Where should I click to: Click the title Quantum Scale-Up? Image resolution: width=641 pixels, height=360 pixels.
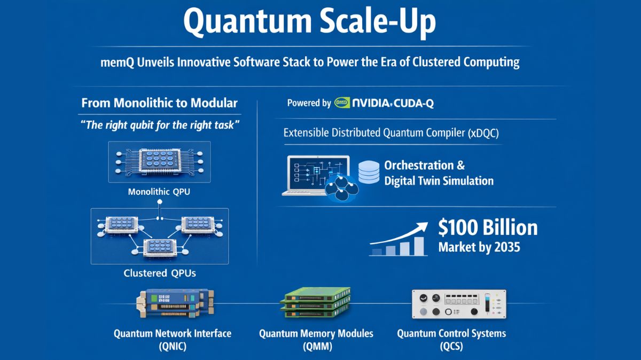point(309,22)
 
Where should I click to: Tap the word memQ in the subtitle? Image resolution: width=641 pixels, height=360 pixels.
point(116,62)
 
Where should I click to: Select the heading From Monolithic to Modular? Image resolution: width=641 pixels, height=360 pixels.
point(160,103)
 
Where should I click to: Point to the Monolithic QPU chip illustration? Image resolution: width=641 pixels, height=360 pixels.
point(159,160)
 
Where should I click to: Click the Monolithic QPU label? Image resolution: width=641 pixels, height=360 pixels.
point(159,191)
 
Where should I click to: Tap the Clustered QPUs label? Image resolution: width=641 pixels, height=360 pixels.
point(160,273)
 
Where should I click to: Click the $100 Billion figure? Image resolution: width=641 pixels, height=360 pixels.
point(487,228)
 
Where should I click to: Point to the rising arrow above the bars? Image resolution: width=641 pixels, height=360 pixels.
point(401,233)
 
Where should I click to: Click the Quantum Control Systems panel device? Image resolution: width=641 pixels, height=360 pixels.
point(459,304)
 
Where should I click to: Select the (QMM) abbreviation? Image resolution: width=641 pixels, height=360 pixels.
point(316,347)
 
